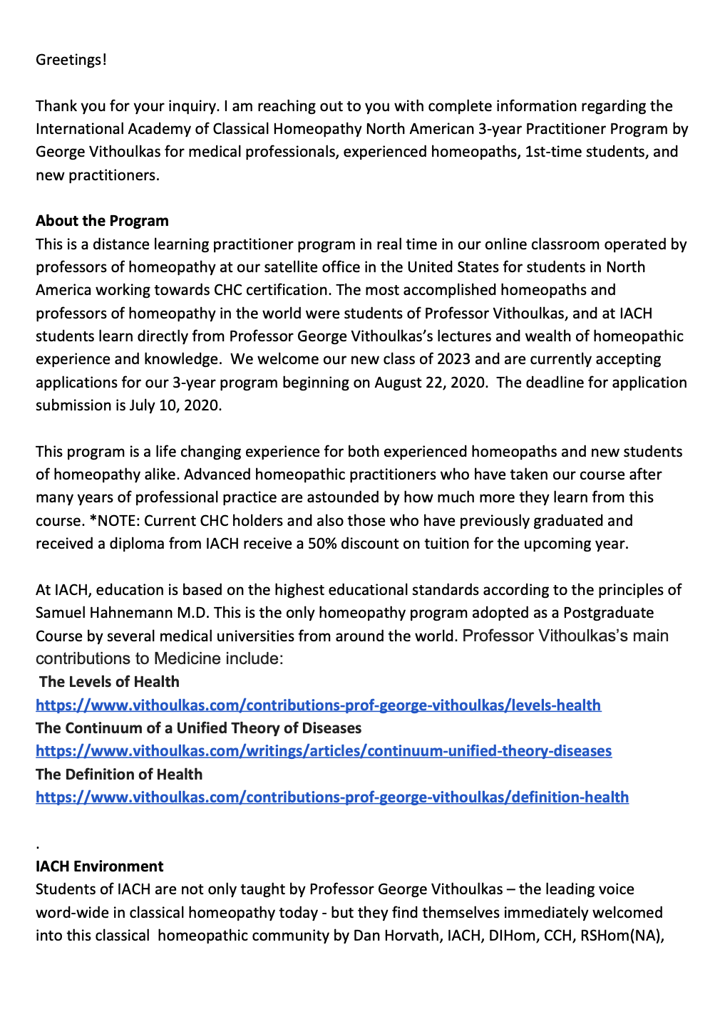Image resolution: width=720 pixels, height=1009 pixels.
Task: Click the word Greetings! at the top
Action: pyautogui.click(x=71, y=60)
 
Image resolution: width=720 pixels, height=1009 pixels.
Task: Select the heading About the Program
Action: pyautogui.click(x=102, y=221)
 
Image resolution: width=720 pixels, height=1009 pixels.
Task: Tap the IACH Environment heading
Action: pyautogui.click(x=99, y=866)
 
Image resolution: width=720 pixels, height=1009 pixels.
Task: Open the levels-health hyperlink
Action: pyautogui.click(x=318, y=705)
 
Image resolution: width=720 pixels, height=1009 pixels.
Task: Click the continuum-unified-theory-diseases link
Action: pyautogui.click(x=324, y=751)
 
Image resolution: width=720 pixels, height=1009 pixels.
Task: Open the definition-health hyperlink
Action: pyautogui.click(x=332, y=797)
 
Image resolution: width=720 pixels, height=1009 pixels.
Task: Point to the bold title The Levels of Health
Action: pyautogui.click(x=109, y=682)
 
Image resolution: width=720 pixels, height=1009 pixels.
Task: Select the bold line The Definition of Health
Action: pyautogui.click(x=119, y=775)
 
